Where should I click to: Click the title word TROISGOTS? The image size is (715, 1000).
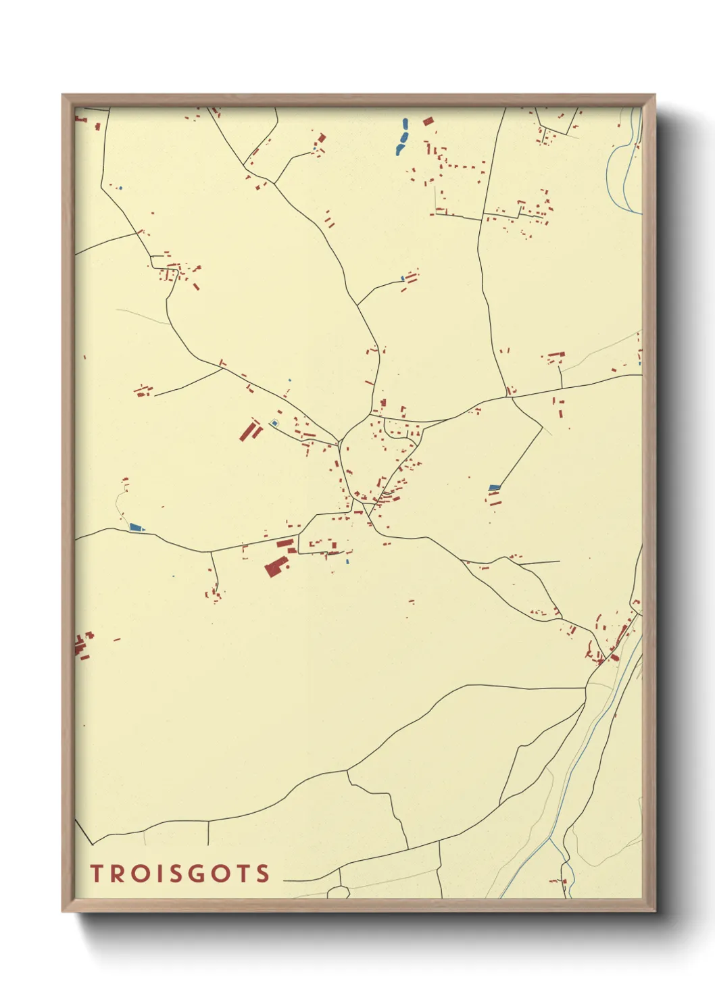click(x=180, y=873)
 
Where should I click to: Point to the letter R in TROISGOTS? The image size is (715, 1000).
click(x=116, y=873)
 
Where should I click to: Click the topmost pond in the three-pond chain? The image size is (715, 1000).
click(x=405, y=124)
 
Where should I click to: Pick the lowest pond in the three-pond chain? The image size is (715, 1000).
click(x=399, y=150)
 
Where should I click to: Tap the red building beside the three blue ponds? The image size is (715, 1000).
click(x=428, y=122)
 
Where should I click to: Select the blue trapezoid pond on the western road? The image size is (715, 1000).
click(x=136, y=527)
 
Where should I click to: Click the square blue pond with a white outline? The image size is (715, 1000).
click(x=274, y=423)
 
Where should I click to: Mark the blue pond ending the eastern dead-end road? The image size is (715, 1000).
click(x=494, y=487)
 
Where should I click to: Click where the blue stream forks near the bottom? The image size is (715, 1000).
click(x=552, y=840)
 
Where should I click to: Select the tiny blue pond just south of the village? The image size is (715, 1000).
click(x=347, y=561)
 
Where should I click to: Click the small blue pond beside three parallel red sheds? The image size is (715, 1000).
click(x=403, y=278)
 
